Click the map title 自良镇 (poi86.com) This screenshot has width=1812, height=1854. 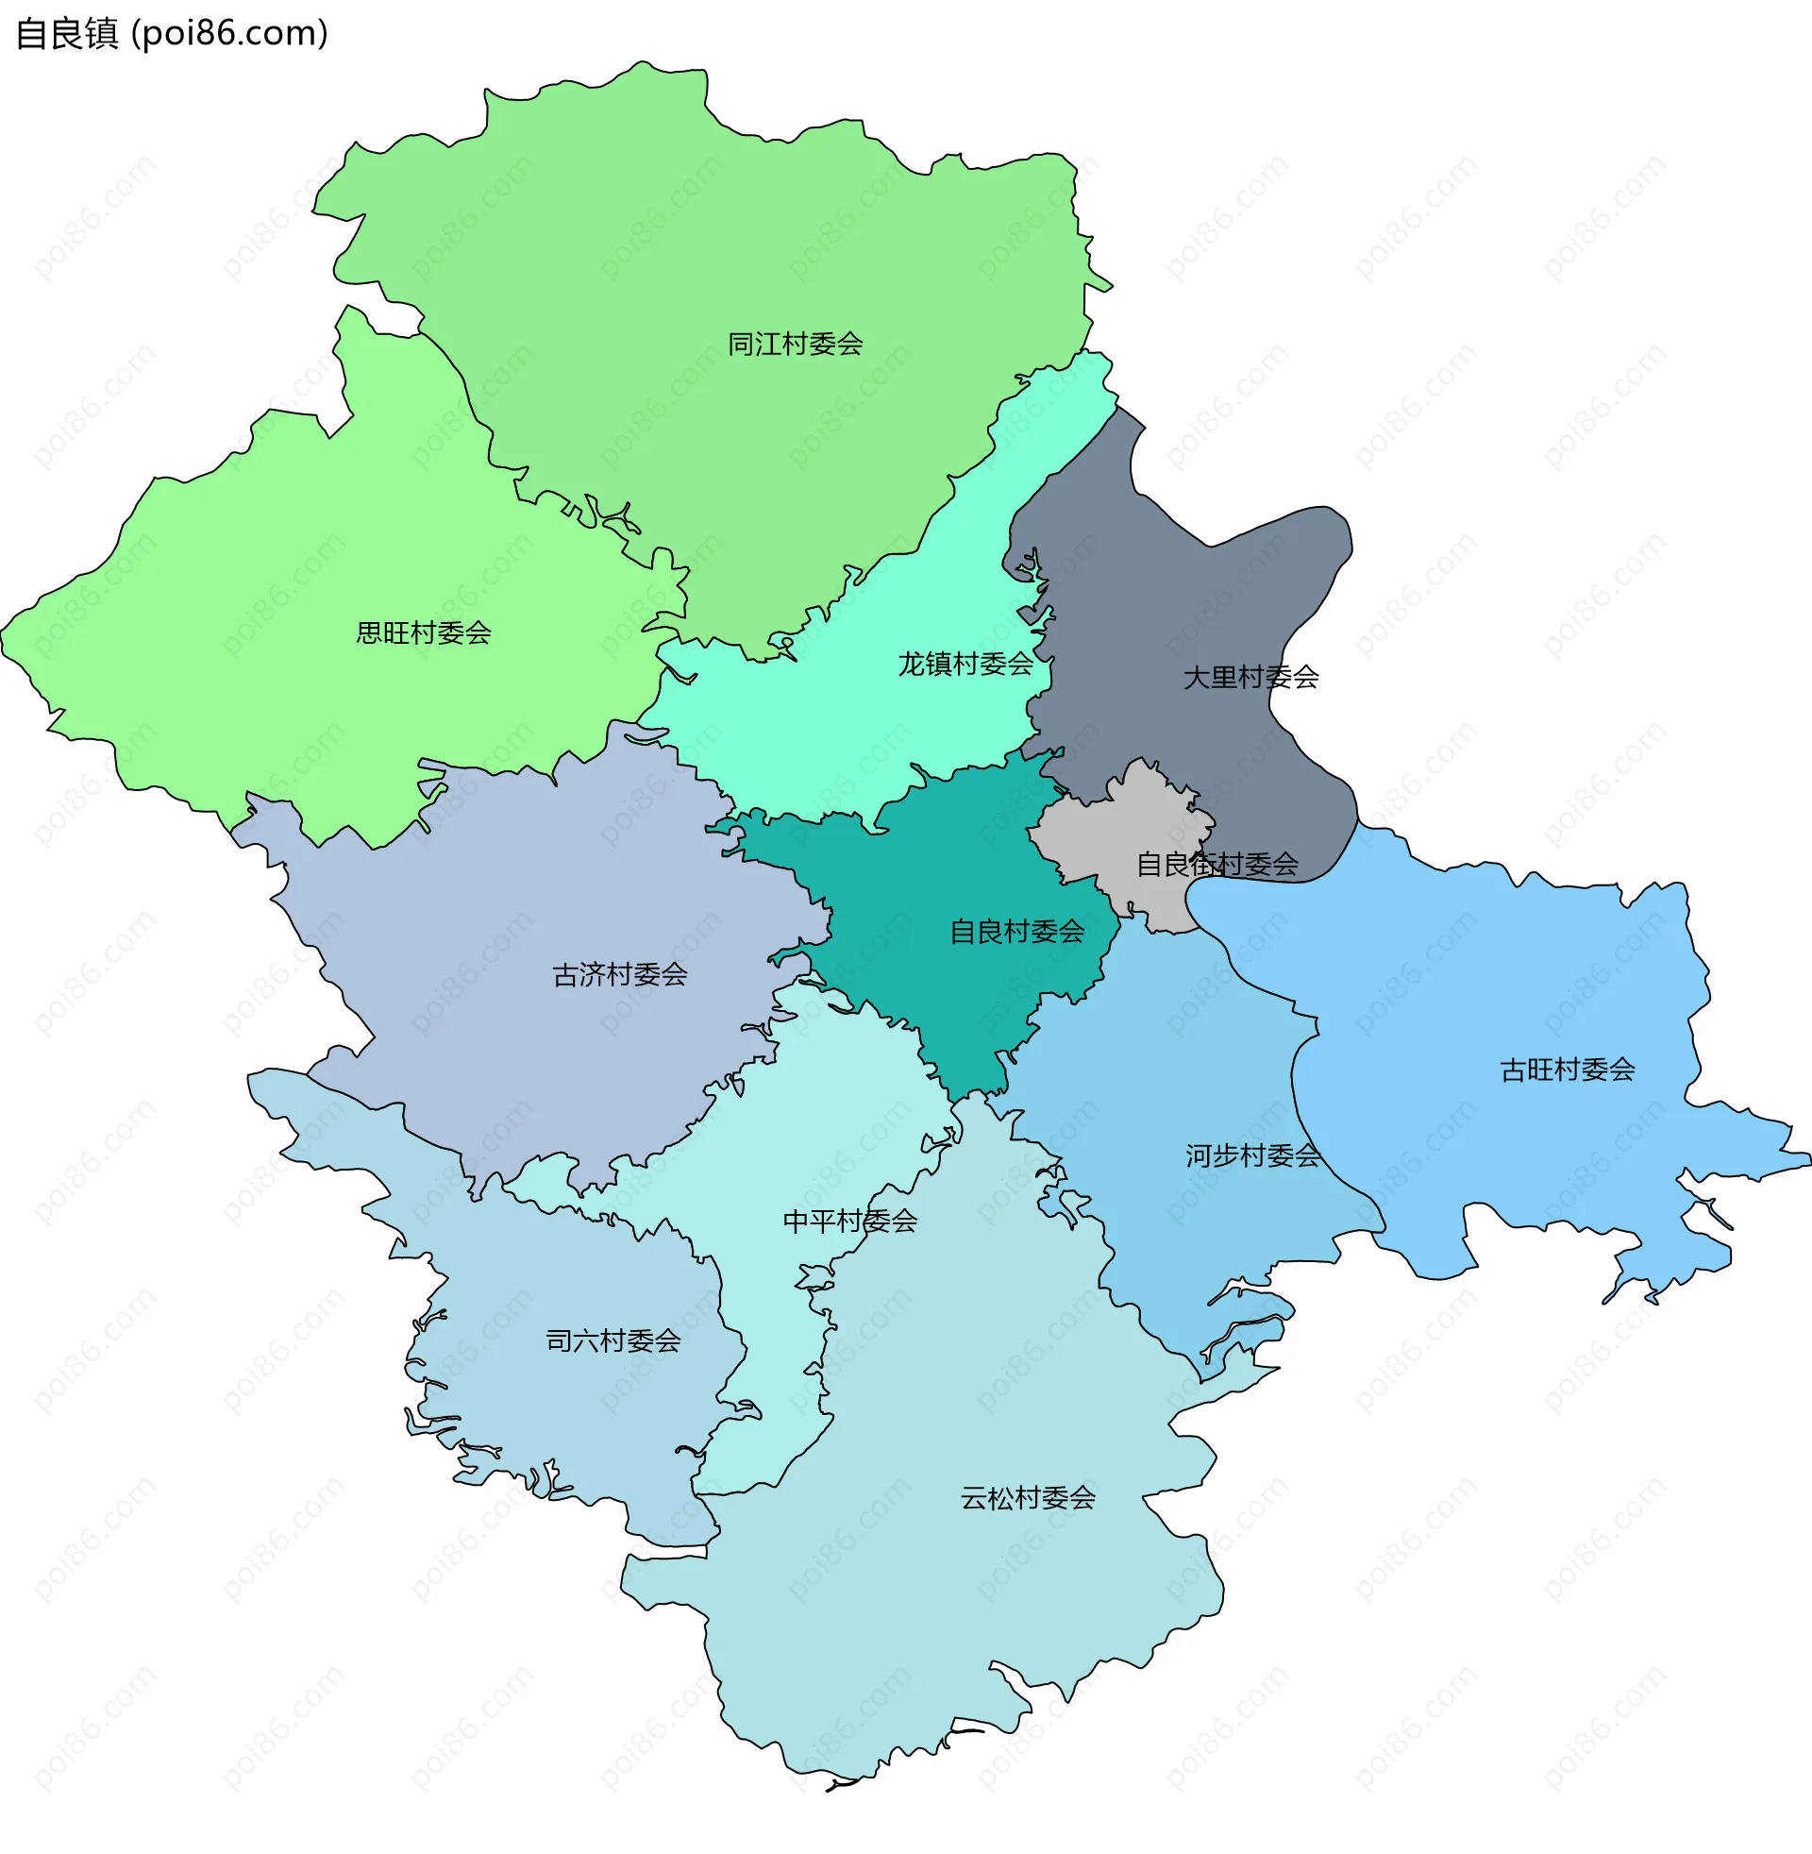(x=172, y=33)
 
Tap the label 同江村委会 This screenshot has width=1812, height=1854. (x=795, y=344)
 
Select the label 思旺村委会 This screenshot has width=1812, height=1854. (x=424, y=632)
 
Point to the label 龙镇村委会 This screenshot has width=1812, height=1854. (x=965, y=665)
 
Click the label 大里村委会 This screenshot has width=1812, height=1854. (x=1250, y=678)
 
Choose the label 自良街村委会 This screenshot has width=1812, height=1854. (x=1217, y=864)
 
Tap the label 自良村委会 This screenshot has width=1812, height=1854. (x=1017, y=932)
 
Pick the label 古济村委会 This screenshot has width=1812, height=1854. (x=619, y=974)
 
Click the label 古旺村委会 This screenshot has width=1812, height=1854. (x=1568, y=1070)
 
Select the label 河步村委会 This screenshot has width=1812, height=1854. (x=1252, y=1155)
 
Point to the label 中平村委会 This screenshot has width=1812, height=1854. (x=850, y=1222)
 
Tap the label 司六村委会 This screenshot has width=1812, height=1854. (x=612, y=1341)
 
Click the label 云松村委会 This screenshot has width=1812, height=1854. (x=1028, y=1498)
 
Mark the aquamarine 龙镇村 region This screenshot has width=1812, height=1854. (x=857, y=723)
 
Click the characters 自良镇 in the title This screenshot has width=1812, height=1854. (x=67, y=33)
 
